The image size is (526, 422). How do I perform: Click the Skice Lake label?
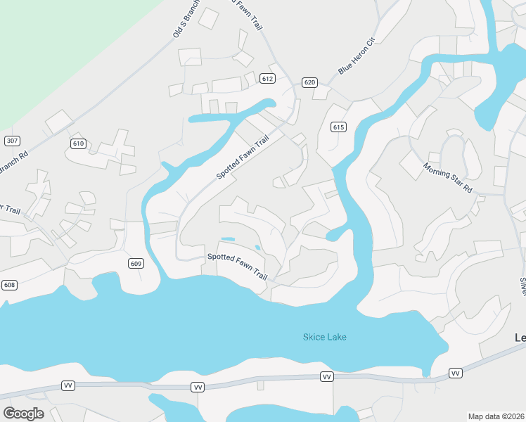click(324, 337)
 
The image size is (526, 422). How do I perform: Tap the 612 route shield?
click(267, 79)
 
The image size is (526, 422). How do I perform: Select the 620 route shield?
click(309, 82)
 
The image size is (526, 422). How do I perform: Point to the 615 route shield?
click(338, 127)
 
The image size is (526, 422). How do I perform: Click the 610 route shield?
click(78, 143)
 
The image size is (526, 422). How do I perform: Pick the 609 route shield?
click(136, 264)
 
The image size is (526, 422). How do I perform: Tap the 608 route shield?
click(8, 285)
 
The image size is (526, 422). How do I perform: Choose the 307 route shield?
click(11, 141)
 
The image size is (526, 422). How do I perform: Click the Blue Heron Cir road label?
click(358, 56)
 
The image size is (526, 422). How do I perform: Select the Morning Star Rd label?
click(447, 178)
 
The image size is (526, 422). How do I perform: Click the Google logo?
click(23, 414)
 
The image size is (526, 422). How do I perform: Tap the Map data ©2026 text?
click(496, 416)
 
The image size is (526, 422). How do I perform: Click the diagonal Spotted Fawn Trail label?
click(243, 158)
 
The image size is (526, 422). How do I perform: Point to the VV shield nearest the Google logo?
click(68, 385)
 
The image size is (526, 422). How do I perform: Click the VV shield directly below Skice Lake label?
click(326, 377)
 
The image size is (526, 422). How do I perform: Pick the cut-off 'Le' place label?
click(520, 338)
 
